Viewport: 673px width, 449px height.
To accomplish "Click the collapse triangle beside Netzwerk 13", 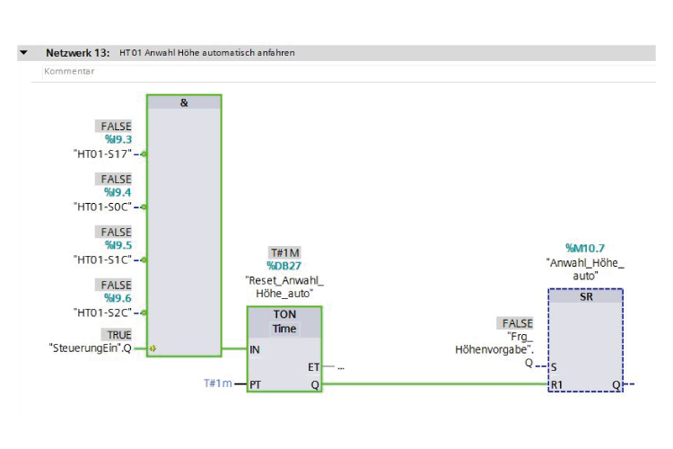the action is click(23, 53).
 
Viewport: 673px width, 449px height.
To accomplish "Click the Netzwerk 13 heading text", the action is click(78, 53).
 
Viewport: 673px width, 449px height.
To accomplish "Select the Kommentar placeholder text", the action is click(69, 71).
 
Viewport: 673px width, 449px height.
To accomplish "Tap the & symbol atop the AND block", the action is click(184, 102).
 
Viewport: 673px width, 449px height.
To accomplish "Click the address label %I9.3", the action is click(118, 139).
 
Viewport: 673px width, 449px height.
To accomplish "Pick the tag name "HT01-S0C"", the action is click(102, 207).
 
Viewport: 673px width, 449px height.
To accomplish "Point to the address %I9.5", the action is click(118, 245).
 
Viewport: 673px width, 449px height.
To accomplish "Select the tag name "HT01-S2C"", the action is click(102, 313).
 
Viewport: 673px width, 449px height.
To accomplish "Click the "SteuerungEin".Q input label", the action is click(90, 348).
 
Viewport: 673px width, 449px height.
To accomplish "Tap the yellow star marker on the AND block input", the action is click(153, 348).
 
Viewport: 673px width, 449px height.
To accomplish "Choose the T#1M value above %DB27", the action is click(284, 252).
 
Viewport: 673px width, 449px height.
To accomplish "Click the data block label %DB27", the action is click(284, 266).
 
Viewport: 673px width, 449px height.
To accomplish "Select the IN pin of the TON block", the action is click(255, 349).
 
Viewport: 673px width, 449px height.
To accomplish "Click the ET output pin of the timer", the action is click(313, 367).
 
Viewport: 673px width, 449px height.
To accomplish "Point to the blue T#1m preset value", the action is click(218, 383).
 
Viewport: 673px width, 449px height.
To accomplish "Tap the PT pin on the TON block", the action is click(256, 384).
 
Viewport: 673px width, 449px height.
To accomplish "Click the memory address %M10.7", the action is click(584, 248).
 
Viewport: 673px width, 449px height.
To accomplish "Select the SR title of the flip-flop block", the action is click(586, 296).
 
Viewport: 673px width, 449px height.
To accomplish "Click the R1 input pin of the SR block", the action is click(556, 384).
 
